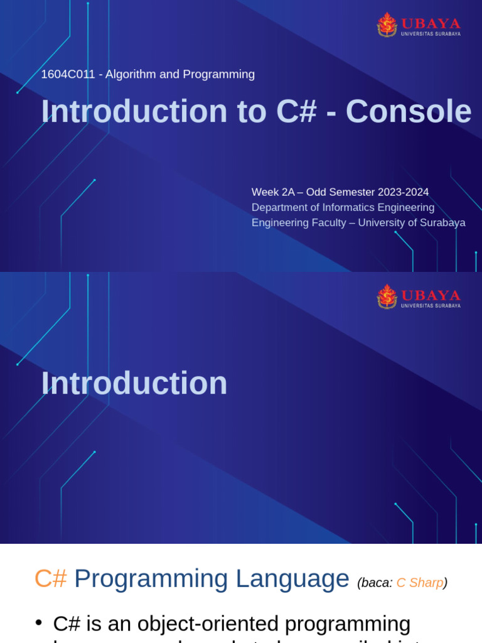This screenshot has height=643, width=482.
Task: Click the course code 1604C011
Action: tap(68, 75)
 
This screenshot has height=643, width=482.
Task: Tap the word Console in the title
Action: tap(408, 112)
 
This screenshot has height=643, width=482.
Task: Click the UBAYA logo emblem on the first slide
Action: tap(387, 24)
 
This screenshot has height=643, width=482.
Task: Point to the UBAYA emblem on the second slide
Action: tap(387, 296)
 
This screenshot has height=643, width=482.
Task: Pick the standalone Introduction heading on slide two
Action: tap(134, 383)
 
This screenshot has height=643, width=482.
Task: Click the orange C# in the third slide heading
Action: tap(50, 579)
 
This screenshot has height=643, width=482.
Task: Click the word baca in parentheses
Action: tap(375, 583)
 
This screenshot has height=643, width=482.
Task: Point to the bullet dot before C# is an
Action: tap(39, 622)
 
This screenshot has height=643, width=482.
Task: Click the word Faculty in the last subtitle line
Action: tap(326, 223)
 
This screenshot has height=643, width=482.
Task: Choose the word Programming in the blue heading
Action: tap(150, 579)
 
